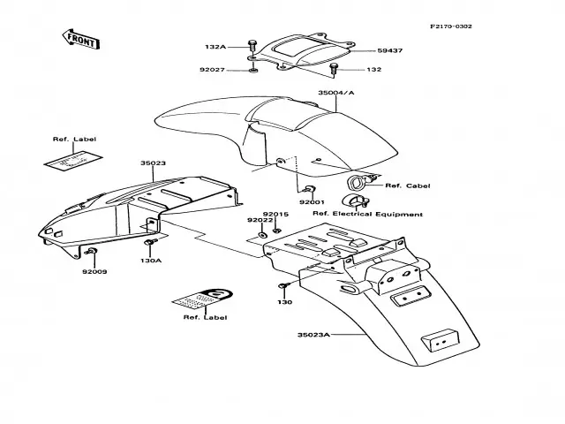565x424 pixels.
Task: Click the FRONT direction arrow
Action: click(79, 38)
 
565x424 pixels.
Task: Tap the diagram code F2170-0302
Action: click(451, 26)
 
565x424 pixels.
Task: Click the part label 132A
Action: click(216, 47)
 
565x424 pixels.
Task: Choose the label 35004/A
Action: click(336, 92)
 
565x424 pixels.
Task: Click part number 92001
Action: click(312, 202)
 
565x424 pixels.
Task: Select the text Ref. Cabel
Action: click(406, 185)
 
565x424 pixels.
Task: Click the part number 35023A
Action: click(313, 335)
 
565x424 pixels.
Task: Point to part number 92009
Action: click(95, 271)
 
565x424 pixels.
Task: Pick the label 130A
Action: click(151, 261)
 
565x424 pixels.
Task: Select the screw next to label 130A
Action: click(151, 242)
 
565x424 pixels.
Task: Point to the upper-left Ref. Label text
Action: click(73, 140)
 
